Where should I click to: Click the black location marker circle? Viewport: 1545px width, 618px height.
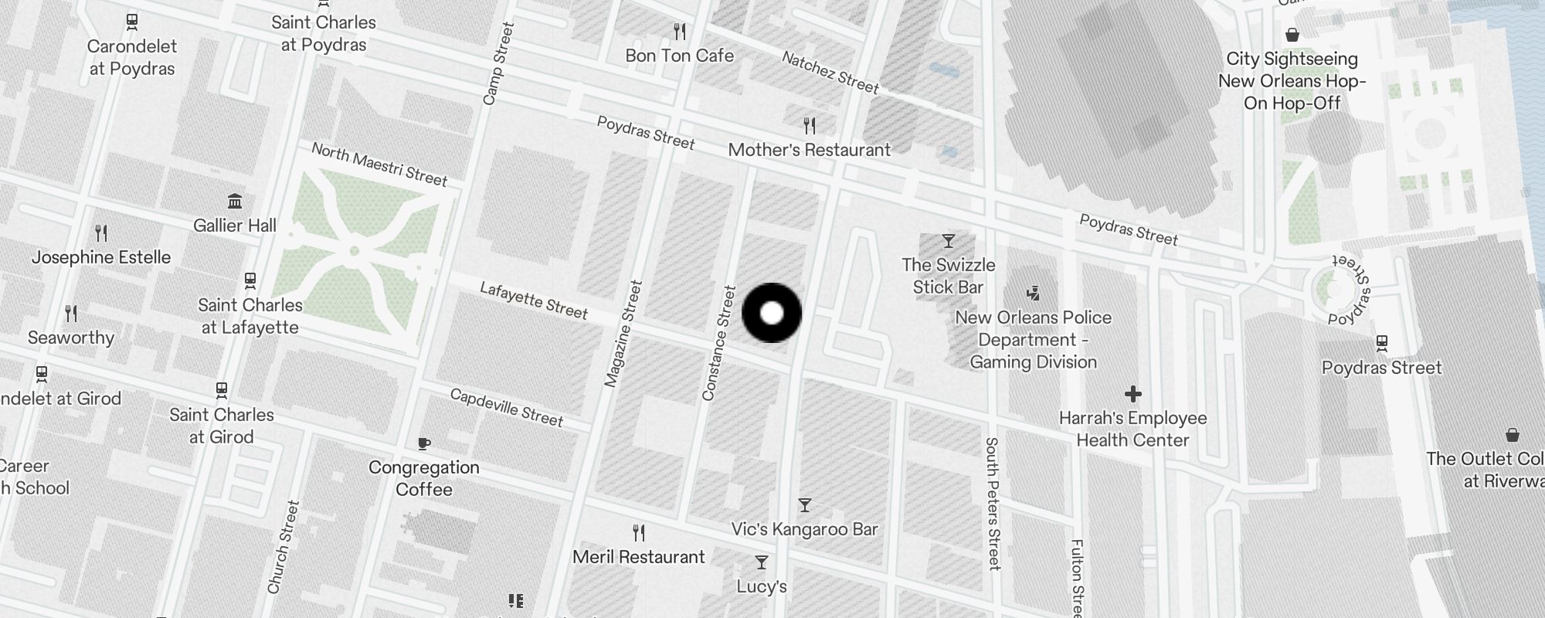pyautogui.click(x=772, y=313)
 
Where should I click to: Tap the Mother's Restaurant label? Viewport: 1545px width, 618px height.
pyautogui.click(x=809, y=150)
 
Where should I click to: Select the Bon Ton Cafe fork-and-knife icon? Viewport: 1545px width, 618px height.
pyautogui.click(x=680, y=32)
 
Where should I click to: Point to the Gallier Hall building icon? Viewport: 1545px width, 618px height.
pyautogui.click(x=235, y=202)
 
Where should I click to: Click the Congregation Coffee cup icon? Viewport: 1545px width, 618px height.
pyautogui.click(x=423, y=443)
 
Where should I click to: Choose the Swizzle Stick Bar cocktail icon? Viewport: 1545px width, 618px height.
pyautogui.click(x=948, y=241)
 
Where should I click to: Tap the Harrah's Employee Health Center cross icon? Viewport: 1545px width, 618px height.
pyautogui.click(x=1132, y=395)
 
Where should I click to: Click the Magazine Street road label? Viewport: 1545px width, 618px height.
pyautogui.click(x=623, y=334)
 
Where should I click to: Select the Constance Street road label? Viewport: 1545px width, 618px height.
pyautogui.click(x=719, y=343)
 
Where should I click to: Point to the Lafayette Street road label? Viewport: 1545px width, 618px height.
pyautogui.click(x=534, y=300)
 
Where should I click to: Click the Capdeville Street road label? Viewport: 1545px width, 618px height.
pyautogui.click(x=507, y=407)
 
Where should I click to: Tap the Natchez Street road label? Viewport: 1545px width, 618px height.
pyautogui.click(x=830, y=72)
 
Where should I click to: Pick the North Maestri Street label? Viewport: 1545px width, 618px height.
pyautogui.click(x=379, y=164)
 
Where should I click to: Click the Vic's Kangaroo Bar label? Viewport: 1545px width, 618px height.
pyautogui.click(x=804, y=529)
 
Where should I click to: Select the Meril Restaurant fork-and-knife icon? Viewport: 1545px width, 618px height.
pyautogui.click(x=639, y=532)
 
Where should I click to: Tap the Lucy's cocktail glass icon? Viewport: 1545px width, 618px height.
pyautogui.click(x=762, y=562)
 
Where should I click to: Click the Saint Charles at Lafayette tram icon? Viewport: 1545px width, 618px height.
pyautogui.click(x=250, y=280)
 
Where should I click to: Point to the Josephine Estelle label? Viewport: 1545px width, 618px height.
pyautogui.click(x=101, y=257)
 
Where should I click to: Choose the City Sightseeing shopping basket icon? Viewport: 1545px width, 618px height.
pyautogui.click(x=1292, y=35)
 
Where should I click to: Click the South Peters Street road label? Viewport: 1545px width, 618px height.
pyautogui.click(x=993, y=503)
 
